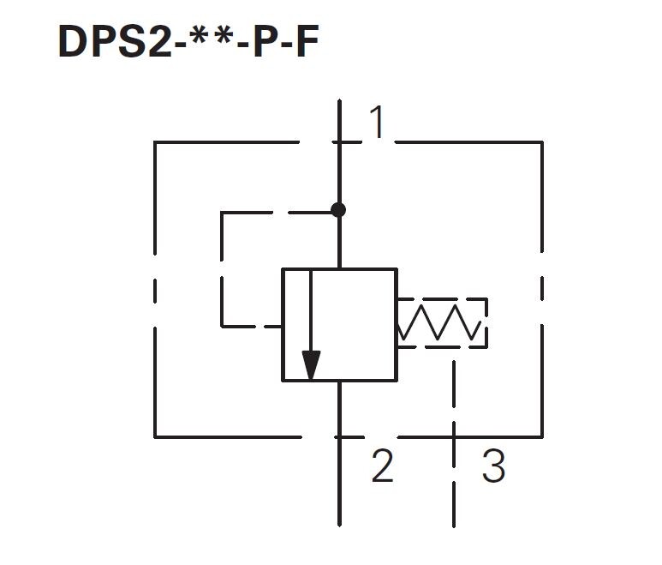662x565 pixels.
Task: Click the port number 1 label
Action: (x=378, y=122)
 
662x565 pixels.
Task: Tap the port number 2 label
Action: (x=383, y=466)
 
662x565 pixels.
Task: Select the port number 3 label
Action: (x=493, y=466)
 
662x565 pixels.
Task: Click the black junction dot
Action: (x=338, y=209)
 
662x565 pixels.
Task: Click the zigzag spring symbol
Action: (x=439, y=322)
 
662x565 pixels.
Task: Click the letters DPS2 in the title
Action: (x=115, y=41)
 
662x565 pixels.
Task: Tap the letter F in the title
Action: (x=307, y=41)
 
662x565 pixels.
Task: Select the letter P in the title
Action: (x=265, y=41)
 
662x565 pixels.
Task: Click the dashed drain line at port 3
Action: (x=454, y=444)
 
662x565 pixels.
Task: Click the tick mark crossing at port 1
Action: (x=339, y=142)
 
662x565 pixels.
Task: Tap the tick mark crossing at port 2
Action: (x=339, y=437)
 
